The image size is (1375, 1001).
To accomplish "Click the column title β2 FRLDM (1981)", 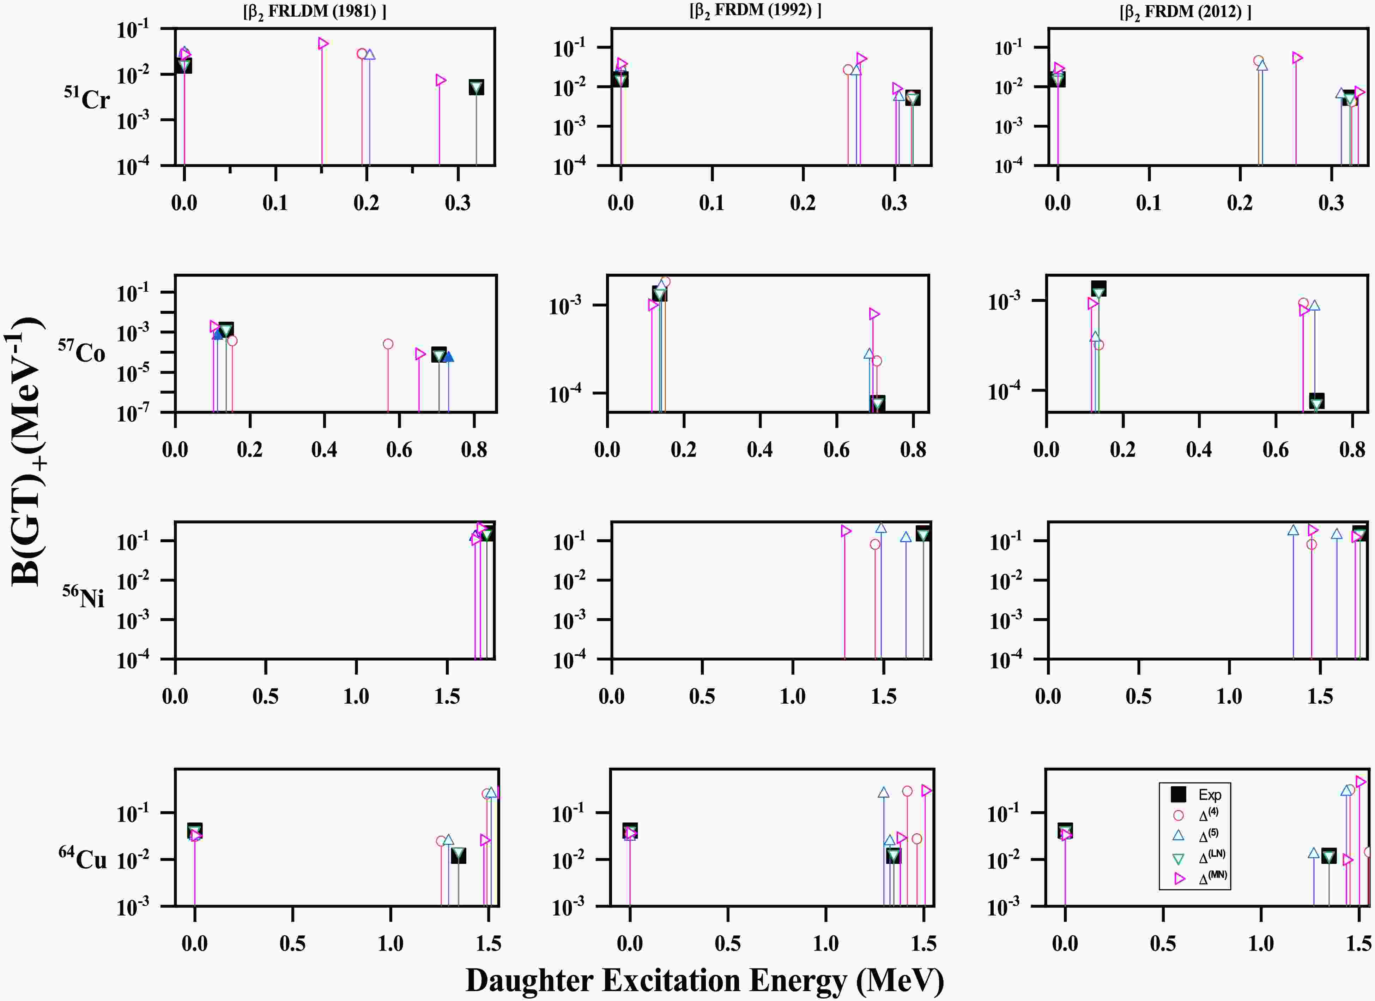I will [x=315, y=12].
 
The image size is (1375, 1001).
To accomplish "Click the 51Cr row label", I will [x=87, y=98].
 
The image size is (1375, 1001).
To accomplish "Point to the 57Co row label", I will [x=82, y=351].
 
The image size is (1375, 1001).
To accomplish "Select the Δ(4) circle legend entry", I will [x=1178, y=815].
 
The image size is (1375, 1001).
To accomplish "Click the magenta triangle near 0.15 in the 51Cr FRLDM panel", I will [x=323, y=43].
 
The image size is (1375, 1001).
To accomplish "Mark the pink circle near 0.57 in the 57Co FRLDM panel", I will [x=388, y=344].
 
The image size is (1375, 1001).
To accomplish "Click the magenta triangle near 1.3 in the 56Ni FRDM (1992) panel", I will [x=846, y=531].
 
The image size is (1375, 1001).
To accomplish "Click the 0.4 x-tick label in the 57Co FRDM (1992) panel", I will [x=760, y=449].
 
